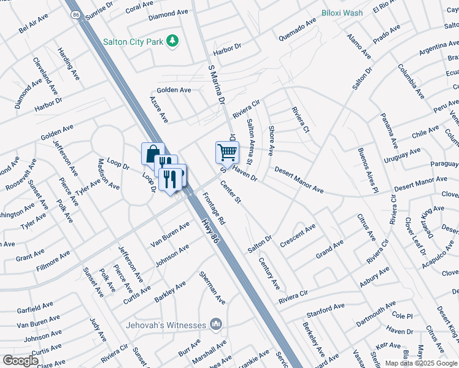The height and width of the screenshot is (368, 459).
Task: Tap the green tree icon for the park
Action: [x=174, y=40]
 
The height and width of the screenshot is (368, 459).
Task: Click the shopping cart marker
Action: [x=226, y=152]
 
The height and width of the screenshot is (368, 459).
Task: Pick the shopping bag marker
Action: [x=153, y=153]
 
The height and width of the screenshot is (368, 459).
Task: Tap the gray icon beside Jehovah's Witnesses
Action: [x=215, y=323]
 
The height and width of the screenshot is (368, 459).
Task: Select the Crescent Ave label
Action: [x=298, y=236]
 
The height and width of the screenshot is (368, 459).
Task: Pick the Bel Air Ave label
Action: [x=33, y=25]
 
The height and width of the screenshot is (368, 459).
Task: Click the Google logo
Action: [x=20, y=361]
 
